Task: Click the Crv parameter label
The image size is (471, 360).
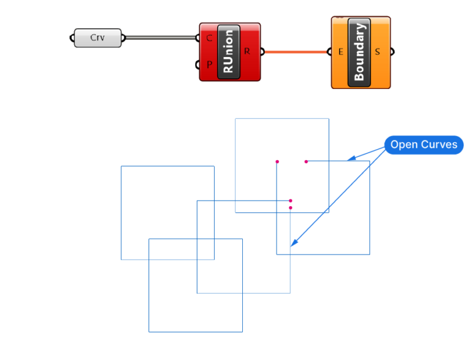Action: (98, 37)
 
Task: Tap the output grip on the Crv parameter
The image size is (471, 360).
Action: (124, 38)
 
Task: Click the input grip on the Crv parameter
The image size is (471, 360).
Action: (71, 38)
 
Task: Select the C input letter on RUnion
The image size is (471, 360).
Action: (210, 38)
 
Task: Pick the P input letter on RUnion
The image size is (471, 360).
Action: (210, 64)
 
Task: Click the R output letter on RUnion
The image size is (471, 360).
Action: (247, 51)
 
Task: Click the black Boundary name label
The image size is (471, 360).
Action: (359, 52)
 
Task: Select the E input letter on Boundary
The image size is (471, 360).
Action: (340, 52)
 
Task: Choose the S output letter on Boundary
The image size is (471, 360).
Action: (377, 52)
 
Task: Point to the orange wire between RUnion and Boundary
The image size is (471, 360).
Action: (297, 52)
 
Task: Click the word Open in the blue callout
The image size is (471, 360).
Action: (404, 145)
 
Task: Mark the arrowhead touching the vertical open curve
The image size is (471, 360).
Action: (294, 243)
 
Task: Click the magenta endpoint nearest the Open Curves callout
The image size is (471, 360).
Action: (306, 161)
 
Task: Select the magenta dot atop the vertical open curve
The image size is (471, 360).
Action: (277, 162)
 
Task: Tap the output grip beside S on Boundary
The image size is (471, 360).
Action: (392, 52)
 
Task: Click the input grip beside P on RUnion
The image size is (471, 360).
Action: (197, 64)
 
